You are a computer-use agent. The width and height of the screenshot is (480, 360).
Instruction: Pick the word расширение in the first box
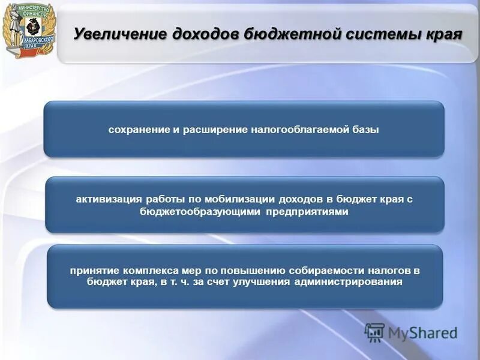[x=211, y=130]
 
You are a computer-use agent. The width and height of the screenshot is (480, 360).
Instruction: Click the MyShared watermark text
[x=422, y=332]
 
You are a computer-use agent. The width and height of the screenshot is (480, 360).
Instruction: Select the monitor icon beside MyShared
[x=374, y=332]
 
